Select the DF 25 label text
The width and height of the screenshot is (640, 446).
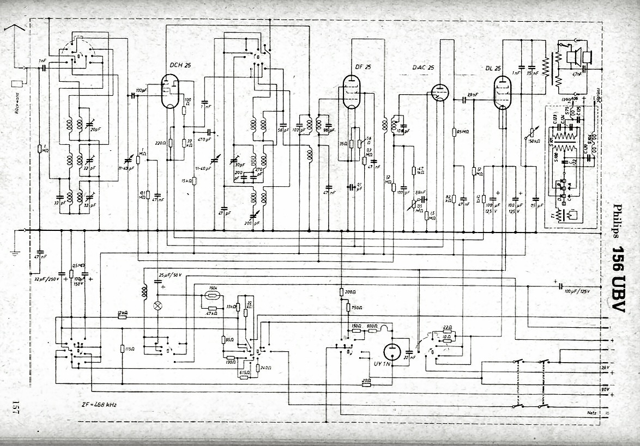[363, 67]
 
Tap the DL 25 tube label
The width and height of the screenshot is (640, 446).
[493, 68]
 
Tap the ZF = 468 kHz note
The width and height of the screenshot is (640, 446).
[98, 405]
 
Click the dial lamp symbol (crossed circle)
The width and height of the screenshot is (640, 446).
[158, 306]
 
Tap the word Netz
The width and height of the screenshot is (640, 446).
[592, 413]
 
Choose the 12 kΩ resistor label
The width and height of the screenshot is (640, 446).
[123, 312]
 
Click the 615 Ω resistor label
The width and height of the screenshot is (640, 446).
[244, 372]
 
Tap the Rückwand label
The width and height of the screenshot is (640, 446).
[10, 104]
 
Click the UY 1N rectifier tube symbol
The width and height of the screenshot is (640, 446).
[392, 351]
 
